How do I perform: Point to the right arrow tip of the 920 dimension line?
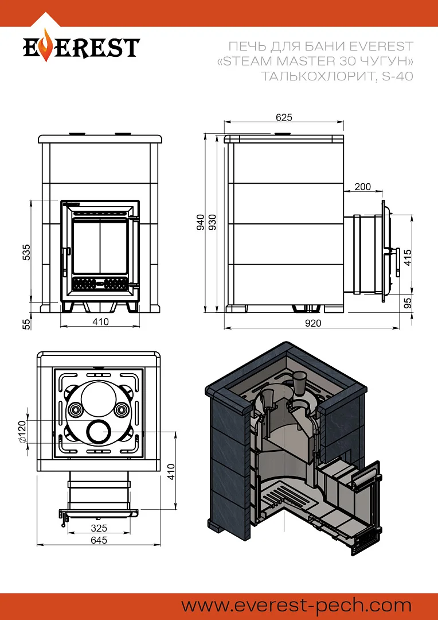tap(400, 328)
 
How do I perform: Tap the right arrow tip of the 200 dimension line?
tap(383, 192)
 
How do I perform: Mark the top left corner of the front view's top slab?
tap(39, 135)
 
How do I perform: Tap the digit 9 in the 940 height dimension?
tap(201, 228)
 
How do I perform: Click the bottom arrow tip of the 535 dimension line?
tap(31, 302)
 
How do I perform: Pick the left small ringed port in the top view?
tap(75, 410)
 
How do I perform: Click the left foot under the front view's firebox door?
tap(67, 308)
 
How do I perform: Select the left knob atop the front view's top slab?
tap(77, 133)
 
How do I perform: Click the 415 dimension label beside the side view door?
tap(408, 257)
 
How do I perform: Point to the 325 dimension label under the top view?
tap(99, 528)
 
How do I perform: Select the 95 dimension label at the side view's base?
tap(408, 303)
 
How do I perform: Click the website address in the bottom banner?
tap(296, 606)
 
